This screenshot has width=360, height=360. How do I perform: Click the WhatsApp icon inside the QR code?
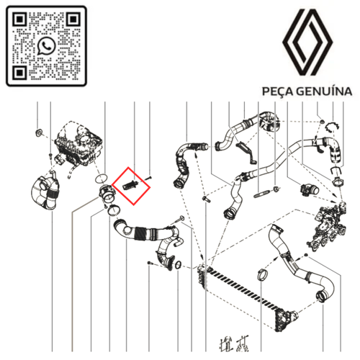tap(46, 46)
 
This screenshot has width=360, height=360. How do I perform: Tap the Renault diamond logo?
tap(307, 42)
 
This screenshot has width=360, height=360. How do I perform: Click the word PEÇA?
tap(278, 91)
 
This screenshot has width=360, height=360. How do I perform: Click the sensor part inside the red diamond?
tap(130, 186)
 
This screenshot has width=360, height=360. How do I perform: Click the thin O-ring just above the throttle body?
tap(101, 179)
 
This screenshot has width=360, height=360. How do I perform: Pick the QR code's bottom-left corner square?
tap(19, 72)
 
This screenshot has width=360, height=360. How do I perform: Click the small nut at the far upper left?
tap(38, 132)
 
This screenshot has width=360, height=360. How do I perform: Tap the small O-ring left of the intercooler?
tap(178, 265)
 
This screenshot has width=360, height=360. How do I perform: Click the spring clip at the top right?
tap(332, 126)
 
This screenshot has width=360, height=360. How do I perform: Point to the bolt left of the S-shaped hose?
tap(206, 199)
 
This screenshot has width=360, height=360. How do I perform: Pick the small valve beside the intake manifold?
tap(310, 189)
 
